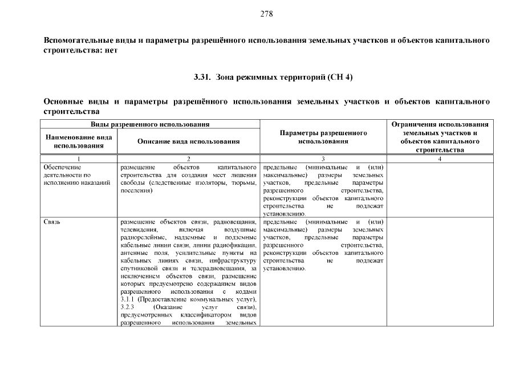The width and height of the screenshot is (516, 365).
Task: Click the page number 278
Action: point(266,14)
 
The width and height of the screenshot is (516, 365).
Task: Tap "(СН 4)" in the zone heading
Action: point(342,76)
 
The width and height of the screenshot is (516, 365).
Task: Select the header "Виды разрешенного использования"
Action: point(150,124)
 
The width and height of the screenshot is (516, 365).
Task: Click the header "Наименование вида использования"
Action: point(79,141)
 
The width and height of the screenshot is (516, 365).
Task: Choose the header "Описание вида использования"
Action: point(188,141)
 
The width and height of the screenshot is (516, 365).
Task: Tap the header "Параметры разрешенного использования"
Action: point(323,137)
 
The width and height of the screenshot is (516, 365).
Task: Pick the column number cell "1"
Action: point(79,159)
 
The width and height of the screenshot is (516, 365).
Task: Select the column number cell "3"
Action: point(323,159)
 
